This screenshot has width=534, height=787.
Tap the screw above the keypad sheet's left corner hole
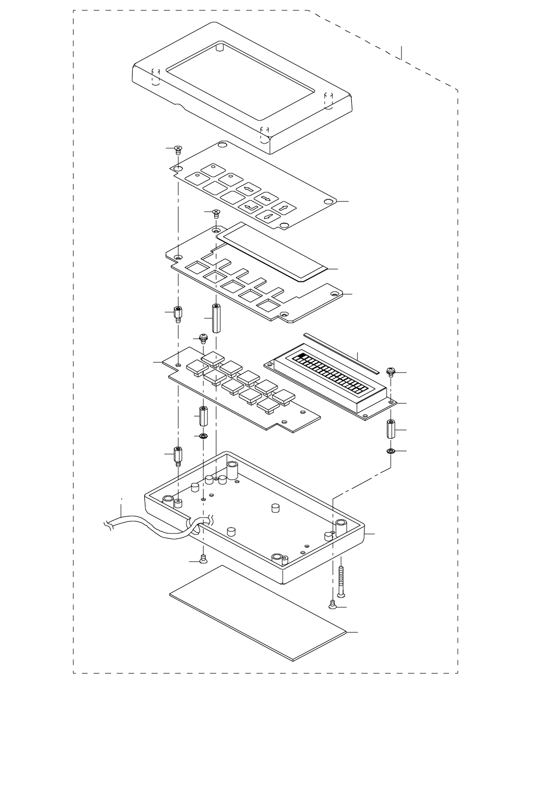point(178,150)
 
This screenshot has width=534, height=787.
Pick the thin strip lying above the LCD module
point(340,353)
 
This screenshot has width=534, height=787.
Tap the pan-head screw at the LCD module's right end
point(391,371)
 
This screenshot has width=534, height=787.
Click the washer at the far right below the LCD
point(391,451)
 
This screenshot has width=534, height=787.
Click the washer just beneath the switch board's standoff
point(203,436)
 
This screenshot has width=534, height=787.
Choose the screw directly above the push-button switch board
point(203,338)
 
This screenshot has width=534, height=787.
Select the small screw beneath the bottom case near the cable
point(203,560)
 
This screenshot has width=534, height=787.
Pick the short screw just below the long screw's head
point(333,605)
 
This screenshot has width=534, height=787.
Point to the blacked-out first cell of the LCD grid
point(301,357)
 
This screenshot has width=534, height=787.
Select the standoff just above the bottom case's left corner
point(178,454)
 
